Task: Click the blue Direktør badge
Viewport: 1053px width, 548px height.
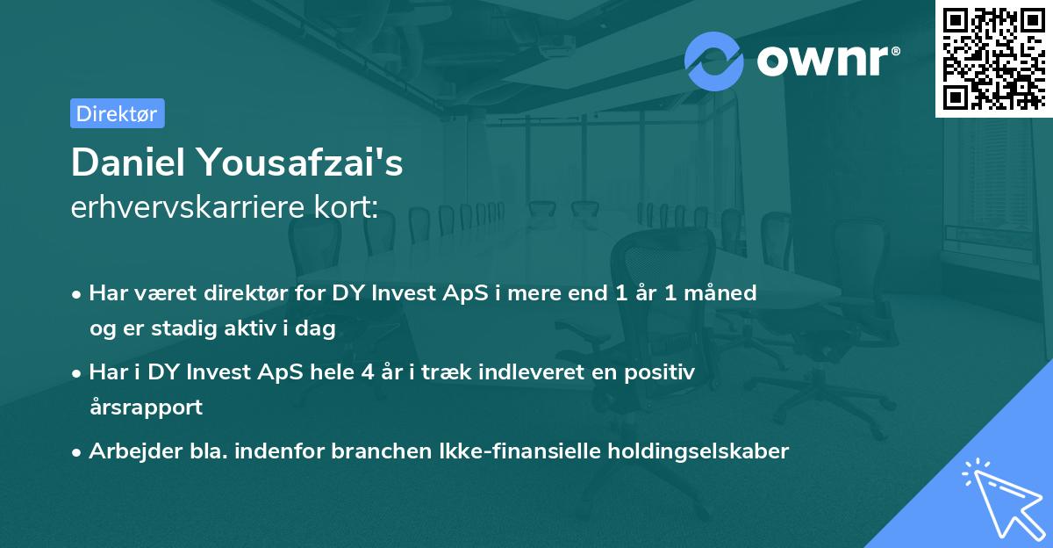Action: [x=117, y=113]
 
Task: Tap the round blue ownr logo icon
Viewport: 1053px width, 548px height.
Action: [x=713, y=61]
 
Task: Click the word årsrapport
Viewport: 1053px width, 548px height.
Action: [x=146, y=407]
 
